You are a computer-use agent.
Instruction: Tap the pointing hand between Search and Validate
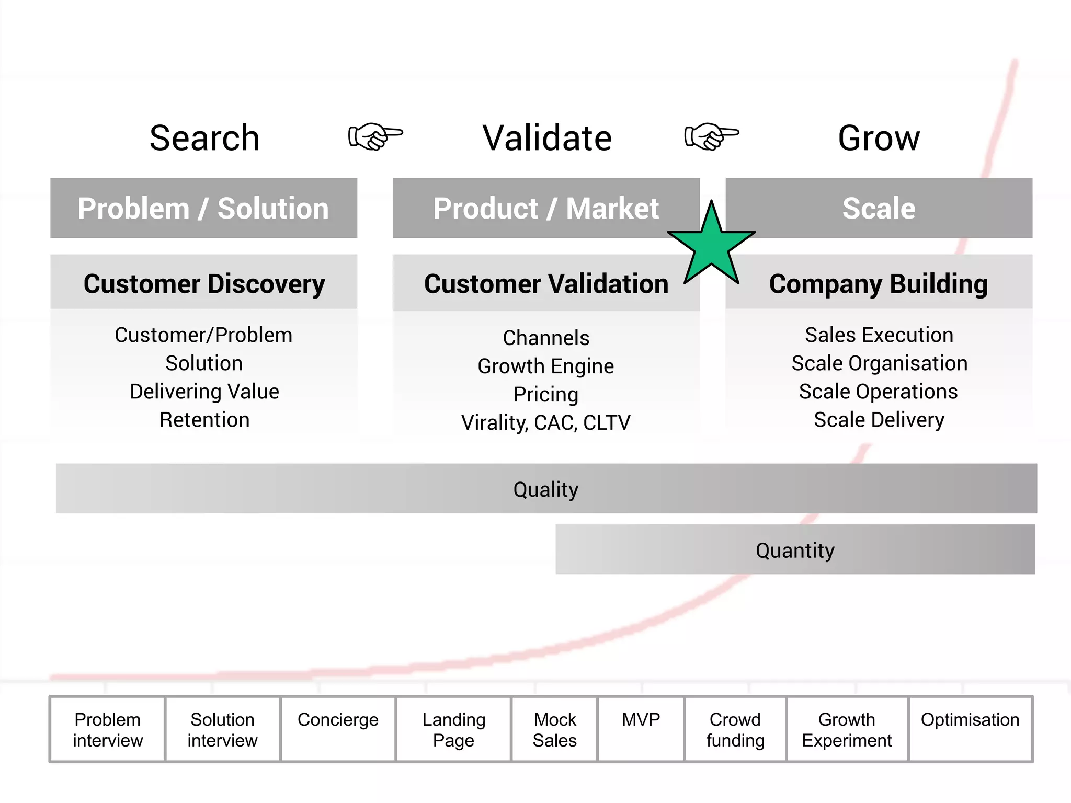pos(375,136)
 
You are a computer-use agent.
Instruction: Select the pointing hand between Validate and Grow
pos(711,136)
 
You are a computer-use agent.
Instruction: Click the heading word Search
pos(204,138)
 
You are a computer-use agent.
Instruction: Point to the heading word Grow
pos(879,138)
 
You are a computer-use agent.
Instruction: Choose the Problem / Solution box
pos(203,208)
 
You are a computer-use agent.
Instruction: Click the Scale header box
pos(879,208)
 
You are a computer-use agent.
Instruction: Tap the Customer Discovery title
pos(204,284)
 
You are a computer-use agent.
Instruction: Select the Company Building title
pos(879,284)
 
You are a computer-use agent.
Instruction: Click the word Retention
pos(204,420)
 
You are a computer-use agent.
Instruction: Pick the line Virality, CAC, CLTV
pos(546,422)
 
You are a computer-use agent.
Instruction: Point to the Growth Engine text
pos(546,366)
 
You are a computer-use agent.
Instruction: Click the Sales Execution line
pos(879,335)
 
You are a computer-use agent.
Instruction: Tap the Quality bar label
pos(546,489)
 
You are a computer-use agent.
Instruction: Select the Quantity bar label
pos(795,550)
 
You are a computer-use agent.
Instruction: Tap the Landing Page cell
pos(454,729)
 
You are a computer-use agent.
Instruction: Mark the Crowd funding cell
pos(735,729)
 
